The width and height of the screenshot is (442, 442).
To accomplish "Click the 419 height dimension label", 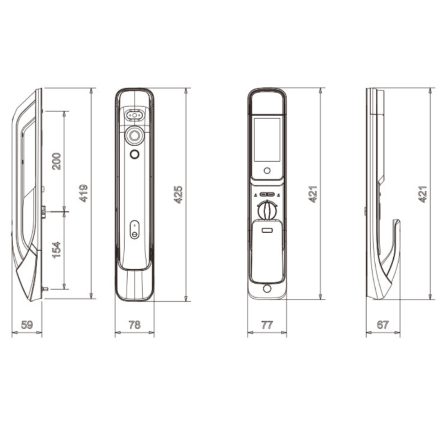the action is [84, 193].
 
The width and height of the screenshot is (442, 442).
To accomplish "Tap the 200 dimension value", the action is [56, 161].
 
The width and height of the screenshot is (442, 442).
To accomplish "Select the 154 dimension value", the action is [56, 250].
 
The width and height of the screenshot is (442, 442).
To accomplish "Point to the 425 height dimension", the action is [178, 194].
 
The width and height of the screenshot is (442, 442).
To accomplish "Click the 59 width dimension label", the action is [27, 325].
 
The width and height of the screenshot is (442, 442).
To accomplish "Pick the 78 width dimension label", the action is [135, 325].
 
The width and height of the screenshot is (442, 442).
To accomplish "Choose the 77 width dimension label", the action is [267, 325].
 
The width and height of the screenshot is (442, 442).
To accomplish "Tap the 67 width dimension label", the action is [383, 325].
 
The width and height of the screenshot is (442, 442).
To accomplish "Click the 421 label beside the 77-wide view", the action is [313, 194].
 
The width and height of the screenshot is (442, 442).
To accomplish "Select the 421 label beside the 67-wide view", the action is [422, 194].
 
